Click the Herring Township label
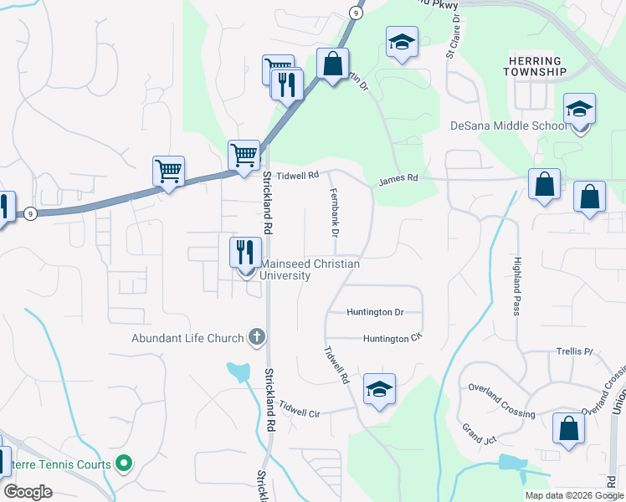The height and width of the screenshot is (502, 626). click(536, 66)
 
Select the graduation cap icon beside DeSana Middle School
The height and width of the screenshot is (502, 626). click(579, 110)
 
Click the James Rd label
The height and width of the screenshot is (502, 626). click(398, 179)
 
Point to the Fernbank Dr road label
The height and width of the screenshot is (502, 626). click(334, 213)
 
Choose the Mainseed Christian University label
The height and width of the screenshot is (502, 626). click(309, 269)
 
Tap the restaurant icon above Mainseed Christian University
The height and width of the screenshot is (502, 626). click(246, 253)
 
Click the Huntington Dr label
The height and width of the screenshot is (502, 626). click(376, 312)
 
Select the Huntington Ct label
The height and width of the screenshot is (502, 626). click(390, 339)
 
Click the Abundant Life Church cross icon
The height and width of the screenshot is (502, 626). click(257, 338)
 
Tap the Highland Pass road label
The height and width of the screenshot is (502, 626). click(517, 285)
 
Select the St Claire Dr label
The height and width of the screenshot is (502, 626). click(453, 36)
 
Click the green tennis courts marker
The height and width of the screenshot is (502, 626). click(125, 463)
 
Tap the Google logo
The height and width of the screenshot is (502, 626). click(28, 492)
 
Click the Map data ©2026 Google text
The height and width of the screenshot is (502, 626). click(573, 495)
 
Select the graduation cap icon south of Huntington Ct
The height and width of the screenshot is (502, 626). click(379, 390)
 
